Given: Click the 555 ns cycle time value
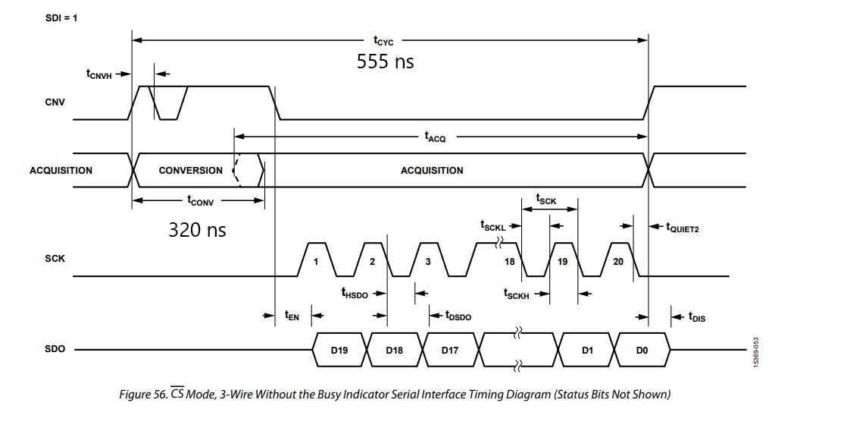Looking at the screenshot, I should (x=386, y=61).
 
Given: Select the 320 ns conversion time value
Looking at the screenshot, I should (x=197, y=229).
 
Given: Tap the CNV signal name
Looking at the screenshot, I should (x=55, y=102).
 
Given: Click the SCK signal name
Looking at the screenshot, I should (x=55, y=259).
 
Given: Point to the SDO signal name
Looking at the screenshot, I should (x=55, y=349).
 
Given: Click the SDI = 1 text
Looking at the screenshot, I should (x=61, y=17).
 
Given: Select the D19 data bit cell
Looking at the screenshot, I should (x=339, y=350).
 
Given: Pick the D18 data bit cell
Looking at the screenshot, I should (x=395, y=350).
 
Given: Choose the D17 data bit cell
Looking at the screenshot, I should (x=451, y=350).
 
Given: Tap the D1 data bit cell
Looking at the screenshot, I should (x=586, y=350).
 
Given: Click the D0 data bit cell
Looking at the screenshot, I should (x=642, y=350).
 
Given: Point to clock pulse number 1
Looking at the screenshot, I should (x=316, y=261).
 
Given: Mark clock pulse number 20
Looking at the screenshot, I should (x=618, y=261).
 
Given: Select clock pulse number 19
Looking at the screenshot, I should (x=563, y=261).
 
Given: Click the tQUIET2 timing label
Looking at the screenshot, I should (x=682, y=226).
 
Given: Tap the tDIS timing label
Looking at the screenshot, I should (x=696, y=317).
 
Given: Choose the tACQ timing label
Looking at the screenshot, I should (x=436, y=137).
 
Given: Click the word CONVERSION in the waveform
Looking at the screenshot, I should (x=190, y=171).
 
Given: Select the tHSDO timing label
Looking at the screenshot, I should (x=355, y=293).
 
